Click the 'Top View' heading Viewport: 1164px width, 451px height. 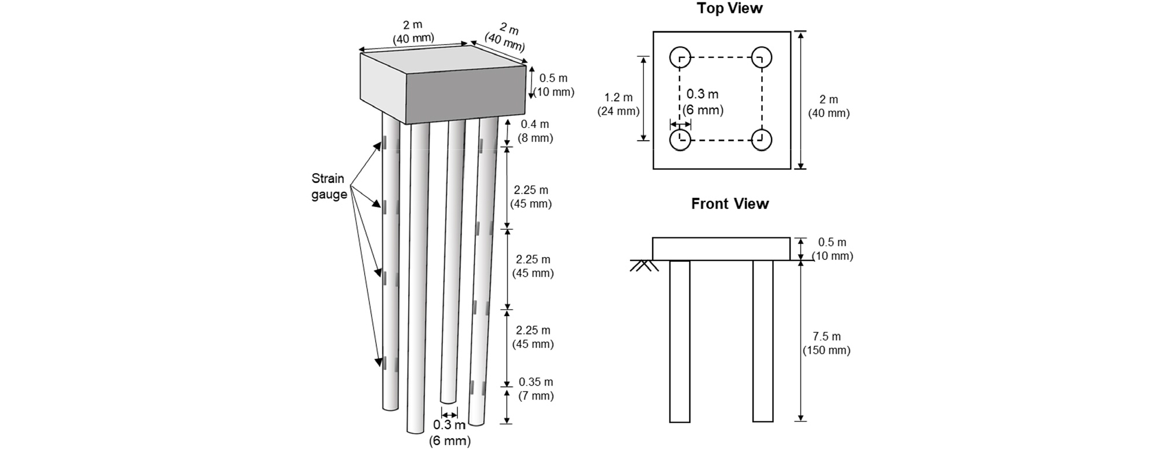pos(729,9)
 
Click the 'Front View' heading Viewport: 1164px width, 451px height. pos(729,204)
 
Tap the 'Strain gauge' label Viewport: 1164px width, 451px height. pos(328,186)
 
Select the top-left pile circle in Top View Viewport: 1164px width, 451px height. pos(680,57)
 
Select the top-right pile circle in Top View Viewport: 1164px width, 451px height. pos(762,57)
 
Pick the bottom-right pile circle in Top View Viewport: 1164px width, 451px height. pos(762,140)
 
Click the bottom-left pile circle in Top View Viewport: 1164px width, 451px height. pos(680,140)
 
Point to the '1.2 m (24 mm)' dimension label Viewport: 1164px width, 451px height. pos(619,105)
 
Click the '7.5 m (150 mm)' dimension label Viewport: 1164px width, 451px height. pos(827,343)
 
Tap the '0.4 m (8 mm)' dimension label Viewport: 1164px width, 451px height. pos(535,131)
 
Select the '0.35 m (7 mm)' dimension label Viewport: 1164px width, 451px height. pos(536,389)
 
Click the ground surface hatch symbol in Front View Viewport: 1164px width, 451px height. pos(644,266)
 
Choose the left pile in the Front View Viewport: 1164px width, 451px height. pos(680,342)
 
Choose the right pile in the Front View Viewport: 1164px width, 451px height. pos(763,342)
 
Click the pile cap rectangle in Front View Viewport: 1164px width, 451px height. pos(721,249)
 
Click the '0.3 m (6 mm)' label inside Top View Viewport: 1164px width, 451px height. pos(703,101)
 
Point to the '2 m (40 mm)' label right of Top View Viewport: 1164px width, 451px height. pos(829,107)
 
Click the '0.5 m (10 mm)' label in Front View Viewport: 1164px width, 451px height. pos(832,249)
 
